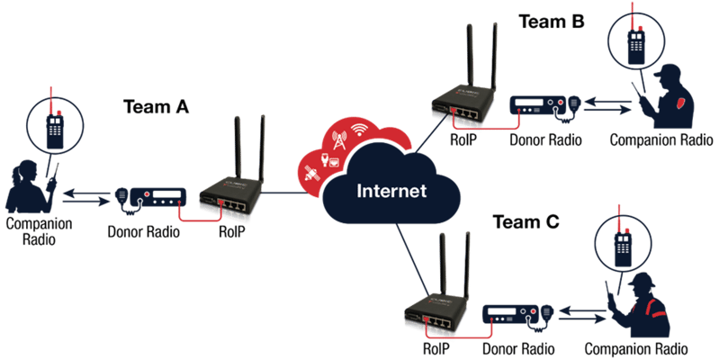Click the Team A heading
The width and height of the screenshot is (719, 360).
coord(156,107)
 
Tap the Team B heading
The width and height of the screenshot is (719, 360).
coord(552,22)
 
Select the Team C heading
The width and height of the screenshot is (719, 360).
coord(526,222)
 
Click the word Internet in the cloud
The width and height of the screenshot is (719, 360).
coord(391,190)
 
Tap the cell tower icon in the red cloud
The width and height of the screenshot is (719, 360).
coord(339,139)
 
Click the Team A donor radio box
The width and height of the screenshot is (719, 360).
coord(158,198)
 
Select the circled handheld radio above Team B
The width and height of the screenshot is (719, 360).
coord(635,41)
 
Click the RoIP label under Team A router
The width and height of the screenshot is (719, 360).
coord(231,230)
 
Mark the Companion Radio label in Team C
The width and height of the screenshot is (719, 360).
coord(636,348)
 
